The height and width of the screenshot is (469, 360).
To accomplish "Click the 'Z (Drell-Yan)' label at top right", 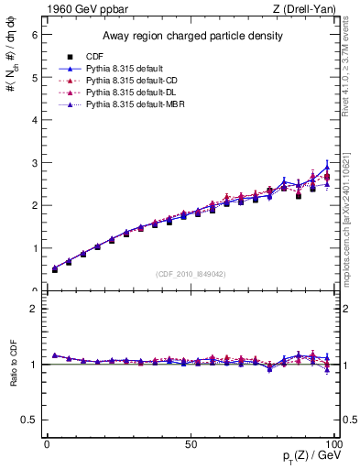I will click(310, 10).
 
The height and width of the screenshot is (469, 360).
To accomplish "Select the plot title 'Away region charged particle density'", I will click(191, 36).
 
